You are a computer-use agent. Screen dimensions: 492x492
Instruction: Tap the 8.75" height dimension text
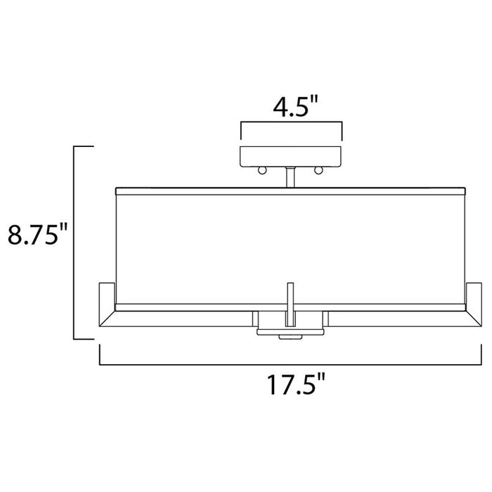point(37,234)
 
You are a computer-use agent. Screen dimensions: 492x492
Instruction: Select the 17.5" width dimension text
point(291,385)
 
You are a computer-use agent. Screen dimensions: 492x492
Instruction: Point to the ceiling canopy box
point(291,157)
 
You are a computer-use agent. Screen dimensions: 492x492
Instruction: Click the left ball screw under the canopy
point(263,171)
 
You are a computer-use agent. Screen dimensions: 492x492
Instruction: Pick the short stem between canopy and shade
point(290,178)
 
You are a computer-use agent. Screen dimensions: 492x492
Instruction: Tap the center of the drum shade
point(290,246)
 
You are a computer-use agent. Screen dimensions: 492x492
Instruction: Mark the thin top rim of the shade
point(290,189)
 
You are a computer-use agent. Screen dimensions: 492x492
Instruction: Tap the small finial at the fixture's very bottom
point(290,337)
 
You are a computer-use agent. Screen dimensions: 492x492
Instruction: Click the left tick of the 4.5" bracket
point(241,131)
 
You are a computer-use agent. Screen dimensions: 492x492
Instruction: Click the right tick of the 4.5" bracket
point(341,131)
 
